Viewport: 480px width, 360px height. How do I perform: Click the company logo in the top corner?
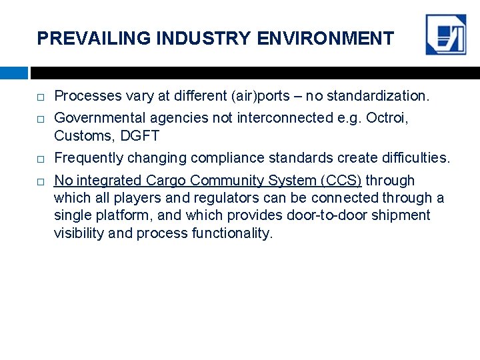pyautogui.click(x=446, y=35)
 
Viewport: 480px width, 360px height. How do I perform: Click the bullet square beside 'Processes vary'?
pyautogui.click(x=41, y=97)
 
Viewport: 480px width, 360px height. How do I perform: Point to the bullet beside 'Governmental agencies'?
pyautogui.click(x=41, y=119)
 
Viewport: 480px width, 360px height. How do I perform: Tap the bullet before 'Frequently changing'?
pyautogui.click(x=41, y=159)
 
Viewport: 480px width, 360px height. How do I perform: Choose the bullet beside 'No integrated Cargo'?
pyautogui.click(x=41, y=181)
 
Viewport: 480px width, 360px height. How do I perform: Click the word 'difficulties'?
pyautogui.click(x=413, y=158)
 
